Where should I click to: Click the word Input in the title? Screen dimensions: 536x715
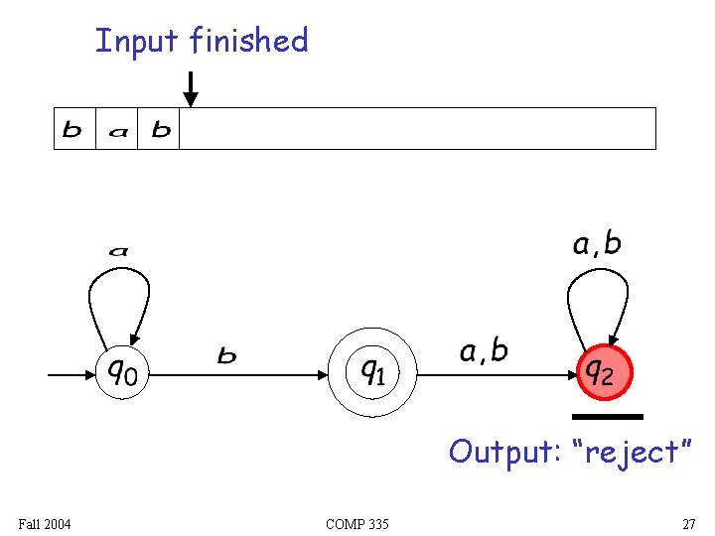click(x=137, y=42)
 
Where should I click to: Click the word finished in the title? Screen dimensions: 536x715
click(x=248, y=41)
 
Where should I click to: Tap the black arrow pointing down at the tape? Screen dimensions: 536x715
click(x=190, y=89)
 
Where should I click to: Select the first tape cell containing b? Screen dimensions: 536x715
click(x=73, y=129)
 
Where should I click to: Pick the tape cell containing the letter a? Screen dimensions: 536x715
click(x=116, y=129)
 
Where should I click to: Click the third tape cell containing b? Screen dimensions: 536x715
click(x=160, y=129)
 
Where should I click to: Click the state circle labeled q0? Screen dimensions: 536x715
click(x=123, y=373)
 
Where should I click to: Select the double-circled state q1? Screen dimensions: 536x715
click(x=372, y=373)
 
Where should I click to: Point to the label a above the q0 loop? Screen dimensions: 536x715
click(x=118, y=252)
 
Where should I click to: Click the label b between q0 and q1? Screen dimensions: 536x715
click(x=227, y=355)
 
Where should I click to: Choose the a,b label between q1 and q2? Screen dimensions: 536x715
click(x=484, y=351)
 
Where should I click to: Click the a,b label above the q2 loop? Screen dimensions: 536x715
click(x=596, y=244)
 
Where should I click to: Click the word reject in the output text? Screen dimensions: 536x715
click(x=633, y=453)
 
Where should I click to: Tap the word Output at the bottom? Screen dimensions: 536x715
click(x=500, y=452)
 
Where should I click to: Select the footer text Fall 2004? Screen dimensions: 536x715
click(x=45, y=523)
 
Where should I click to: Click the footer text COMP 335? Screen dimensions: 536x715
click(x=357, y=523)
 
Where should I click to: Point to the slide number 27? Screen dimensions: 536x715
click(x=688, y=523)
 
